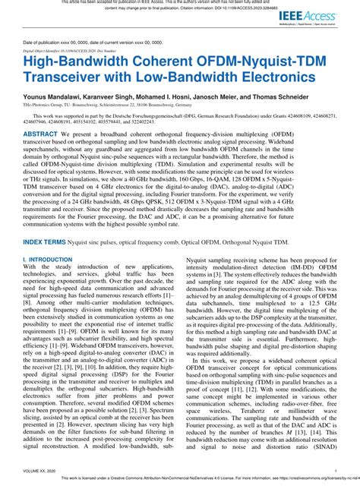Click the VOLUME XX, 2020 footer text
tap(42, 471)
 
